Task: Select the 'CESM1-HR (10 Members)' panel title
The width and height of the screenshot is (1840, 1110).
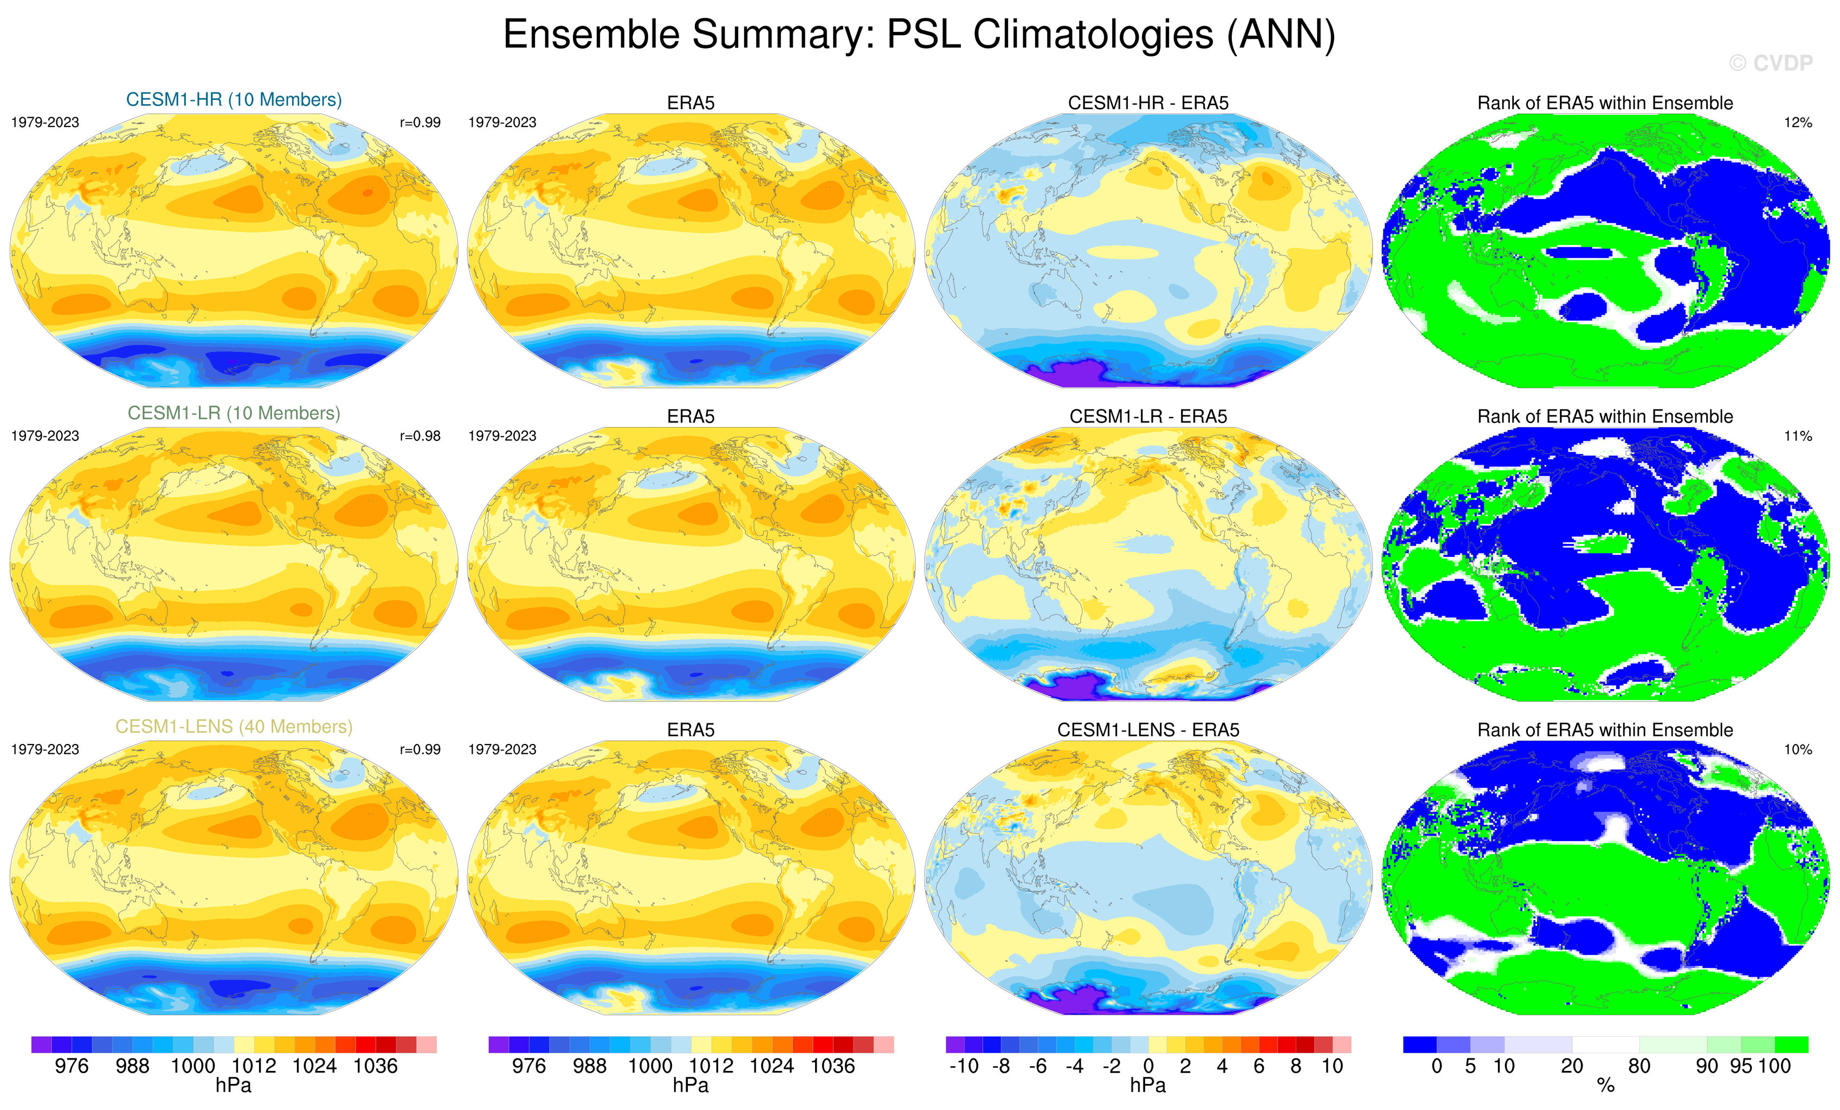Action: point(234,100)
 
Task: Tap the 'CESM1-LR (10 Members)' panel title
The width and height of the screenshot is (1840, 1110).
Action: point(234,413)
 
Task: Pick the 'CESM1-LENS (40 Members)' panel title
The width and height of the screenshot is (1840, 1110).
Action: point(234,727)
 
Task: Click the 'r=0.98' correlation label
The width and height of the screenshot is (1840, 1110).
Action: point(419,436)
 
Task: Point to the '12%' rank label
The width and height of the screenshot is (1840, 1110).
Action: point(1797,123)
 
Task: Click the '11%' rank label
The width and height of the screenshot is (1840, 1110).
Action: point(1797,436)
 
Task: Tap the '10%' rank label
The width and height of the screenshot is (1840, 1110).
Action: point(1797,749)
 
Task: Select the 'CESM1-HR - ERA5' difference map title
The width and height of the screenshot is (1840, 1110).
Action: point(1148,103)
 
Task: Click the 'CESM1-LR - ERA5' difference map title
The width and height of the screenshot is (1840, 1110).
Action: point(1148,417)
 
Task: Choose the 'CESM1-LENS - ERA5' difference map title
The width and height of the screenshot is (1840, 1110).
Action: point(1148,730)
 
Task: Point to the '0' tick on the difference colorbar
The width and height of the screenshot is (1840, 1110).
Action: point(1148,1067)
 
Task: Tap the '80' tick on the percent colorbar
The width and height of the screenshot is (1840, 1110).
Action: point(1639,1067)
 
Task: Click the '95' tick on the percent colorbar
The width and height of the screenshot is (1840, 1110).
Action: point(1741,1067)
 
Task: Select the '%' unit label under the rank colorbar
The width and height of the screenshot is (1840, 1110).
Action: point(1605,1086)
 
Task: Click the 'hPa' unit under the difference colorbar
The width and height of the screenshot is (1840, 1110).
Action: point(1148,1086)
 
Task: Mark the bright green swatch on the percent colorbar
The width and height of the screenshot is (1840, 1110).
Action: point(1791,1044)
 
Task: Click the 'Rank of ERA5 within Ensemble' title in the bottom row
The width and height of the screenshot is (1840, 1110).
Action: point(1605,730)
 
